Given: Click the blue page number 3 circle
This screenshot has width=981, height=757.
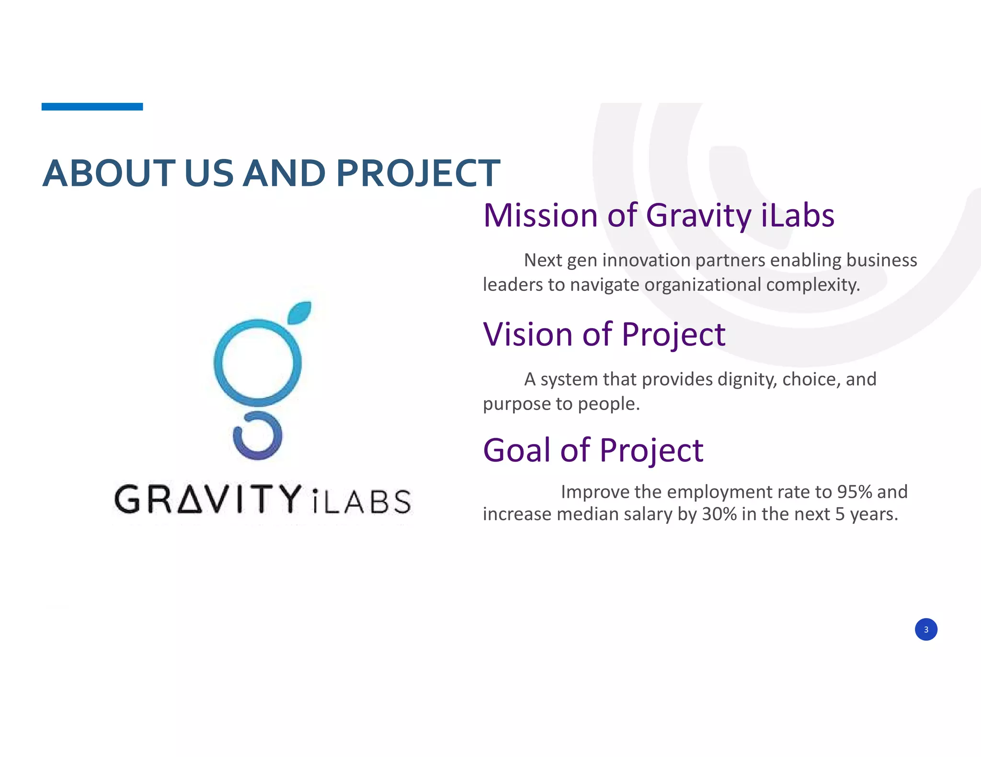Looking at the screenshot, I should point(926,629).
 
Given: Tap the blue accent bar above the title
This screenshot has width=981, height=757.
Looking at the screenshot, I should point(92,107).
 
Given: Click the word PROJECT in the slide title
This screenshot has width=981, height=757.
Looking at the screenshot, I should point(418,173).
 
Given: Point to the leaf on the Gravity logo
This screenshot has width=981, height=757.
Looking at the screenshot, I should point(300,312).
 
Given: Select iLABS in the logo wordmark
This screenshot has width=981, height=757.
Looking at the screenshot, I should point(362,501).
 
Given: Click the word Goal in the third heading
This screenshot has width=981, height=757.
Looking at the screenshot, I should point(517,450).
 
